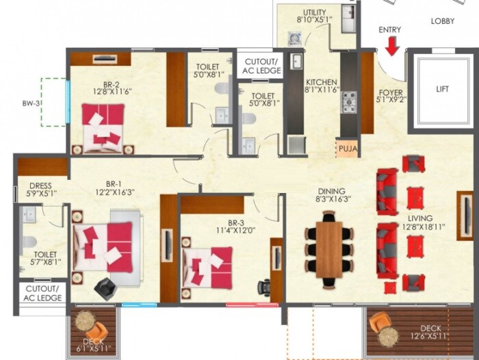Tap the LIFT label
coord(442,89)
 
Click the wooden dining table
coord(328,246)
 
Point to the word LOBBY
coord(442,21)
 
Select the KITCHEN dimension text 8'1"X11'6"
coord(322,90)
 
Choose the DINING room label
coord(331,191)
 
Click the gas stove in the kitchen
coord(349,102)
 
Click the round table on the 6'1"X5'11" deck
coord(86,321)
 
